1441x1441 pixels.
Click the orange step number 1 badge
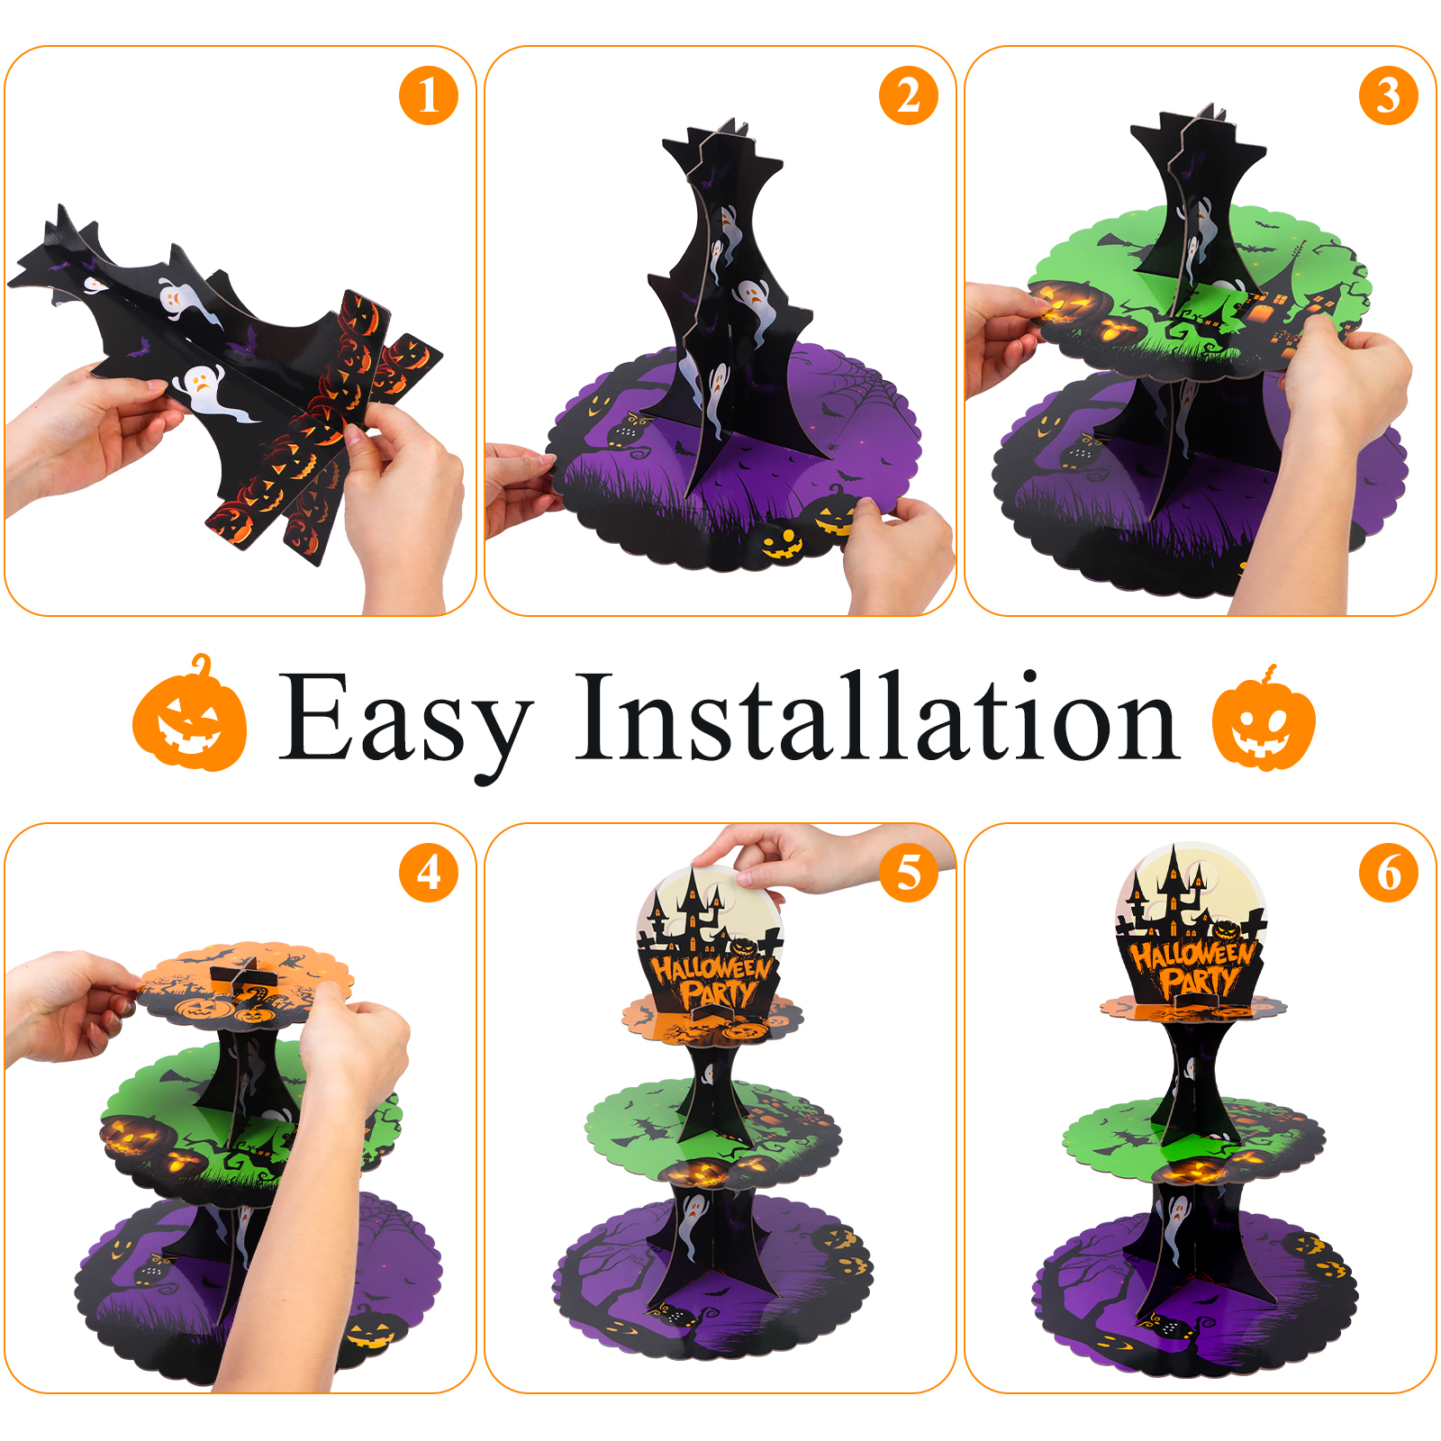tap(429, 95)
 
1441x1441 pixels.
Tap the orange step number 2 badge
tap(909, 95)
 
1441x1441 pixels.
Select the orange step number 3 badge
tap(1389, 95)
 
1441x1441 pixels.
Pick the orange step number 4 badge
tap(429, 873)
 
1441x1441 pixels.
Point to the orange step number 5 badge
tap(909, 873)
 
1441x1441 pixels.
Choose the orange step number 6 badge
tap(1389, 873)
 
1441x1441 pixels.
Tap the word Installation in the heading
tap(877, 716)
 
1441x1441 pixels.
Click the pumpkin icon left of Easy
tap(190, 714)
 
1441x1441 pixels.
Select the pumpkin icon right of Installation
tap(1264, 719)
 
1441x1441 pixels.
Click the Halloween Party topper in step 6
tap(1191, 928)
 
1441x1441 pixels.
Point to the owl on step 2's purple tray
tap(628, 430)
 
